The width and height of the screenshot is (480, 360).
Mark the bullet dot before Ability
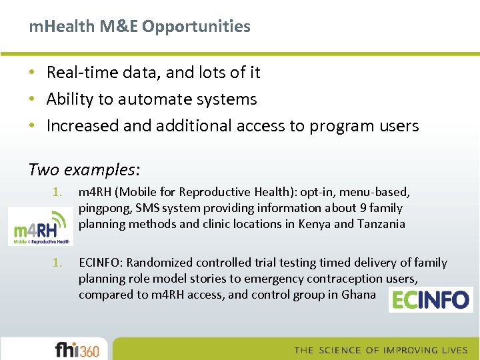tap(33, 99)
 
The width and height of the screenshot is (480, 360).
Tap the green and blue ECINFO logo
tap(430, 299)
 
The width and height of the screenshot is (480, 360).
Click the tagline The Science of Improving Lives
tap(381, 350)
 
